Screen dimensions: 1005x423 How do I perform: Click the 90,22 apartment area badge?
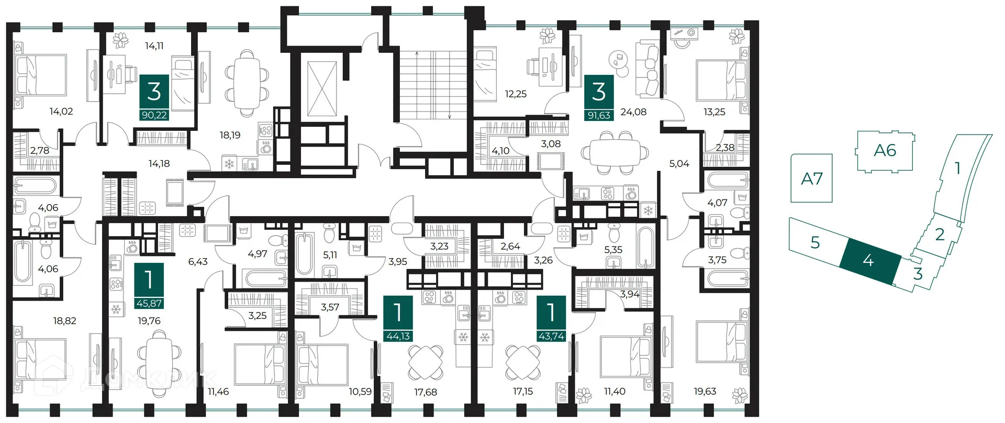154,97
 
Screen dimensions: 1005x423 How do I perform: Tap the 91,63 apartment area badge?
599,97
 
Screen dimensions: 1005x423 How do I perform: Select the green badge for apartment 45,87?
149,286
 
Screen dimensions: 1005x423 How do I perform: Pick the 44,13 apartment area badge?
398,319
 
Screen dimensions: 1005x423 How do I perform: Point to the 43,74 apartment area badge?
551,319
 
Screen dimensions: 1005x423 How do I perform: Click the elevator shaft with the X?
322,88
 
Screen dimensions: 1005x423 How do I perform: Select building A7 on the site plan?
811,178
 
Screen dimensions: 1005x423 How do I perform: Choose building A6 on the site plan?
885,151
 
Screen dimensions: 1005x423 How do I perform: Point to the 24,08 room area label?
633,112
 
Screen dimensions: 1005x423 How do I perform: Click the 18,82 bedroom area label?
65,320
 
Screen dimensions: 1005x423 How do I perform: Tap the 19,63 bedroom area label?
705,391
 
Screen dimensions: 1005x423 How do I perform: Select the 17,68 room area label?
425,392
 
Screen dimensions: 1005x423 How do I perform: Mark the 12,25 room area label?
516,94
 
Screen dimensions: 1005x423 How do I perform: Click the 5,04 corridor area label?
679,164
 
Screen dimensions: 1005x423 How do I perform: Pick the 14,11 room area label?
154,46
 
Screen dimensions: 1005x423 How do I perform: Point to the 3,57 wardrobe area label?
330,307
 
